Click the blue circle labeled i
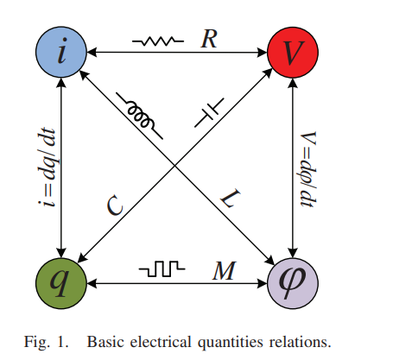coord(61,52)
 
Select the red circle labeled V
coord(293,52)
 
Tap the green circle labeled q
coord(61,283)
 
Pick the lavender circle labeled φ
coord(293,283)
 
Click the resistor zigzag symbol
coord(158,41)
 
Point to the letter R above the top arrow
coord(209,39)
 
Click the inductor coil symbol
coord(139,116)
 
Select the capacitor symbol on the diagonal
coord(209,112)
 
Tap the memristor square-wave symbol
coord(162,268)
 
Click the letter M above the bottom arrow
coord(225,270)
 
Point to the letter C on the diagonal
coord(115,205)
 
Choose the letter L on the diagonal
coord(231,199)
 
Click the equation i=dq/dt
coord(46,167)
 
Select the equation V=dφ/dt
coord(308,169)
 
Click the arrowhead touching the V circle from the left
coord(263,53)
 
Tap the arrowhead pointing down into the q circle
coord(61,253)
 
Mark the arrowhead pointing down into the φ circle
coord(293,253)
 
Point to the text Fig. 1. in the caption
coord(47,343)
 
